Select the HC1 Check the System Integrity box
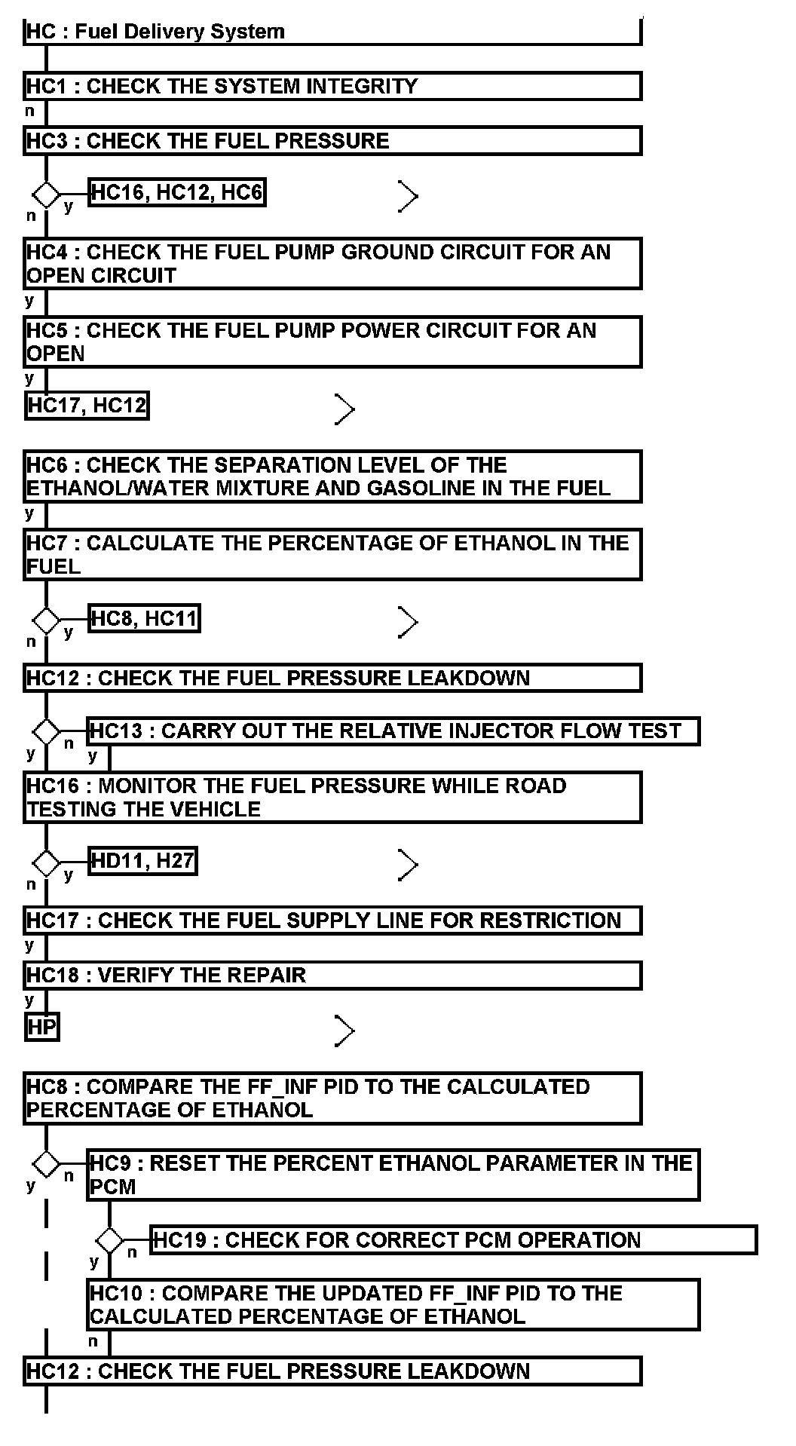coord(332,86)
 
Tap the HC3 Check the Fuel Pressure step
coord(332,141)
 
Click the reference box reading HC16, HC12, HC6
coord(177,193)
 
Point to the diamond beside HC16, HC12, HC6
coord(46,195)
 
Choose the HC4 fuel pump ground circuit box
coord(332,263)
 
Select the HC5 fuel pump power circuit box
coord(332,342)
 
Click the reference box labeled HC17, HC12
coord(87,406)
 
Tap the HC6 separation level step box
coord(332,476)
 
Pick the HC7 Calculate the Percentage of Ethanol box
coord(332,554)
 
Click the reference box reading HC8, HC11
coord(145,619)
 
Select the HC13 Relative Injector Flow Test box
coord(393,731)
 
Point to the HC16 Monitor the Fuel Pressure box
coord(332,797)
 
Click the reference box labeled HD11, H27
coord(142,860)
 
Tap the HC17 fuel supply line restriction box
coord(332,921)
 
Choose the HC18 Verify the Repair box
coord(332,975)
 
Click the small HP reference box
coord(41,1027)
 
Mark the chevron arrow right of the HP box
coord(344,1031)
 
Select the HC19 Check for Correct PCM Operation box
coord(454,1239)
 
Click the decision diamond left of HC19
coord(109,1239)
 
